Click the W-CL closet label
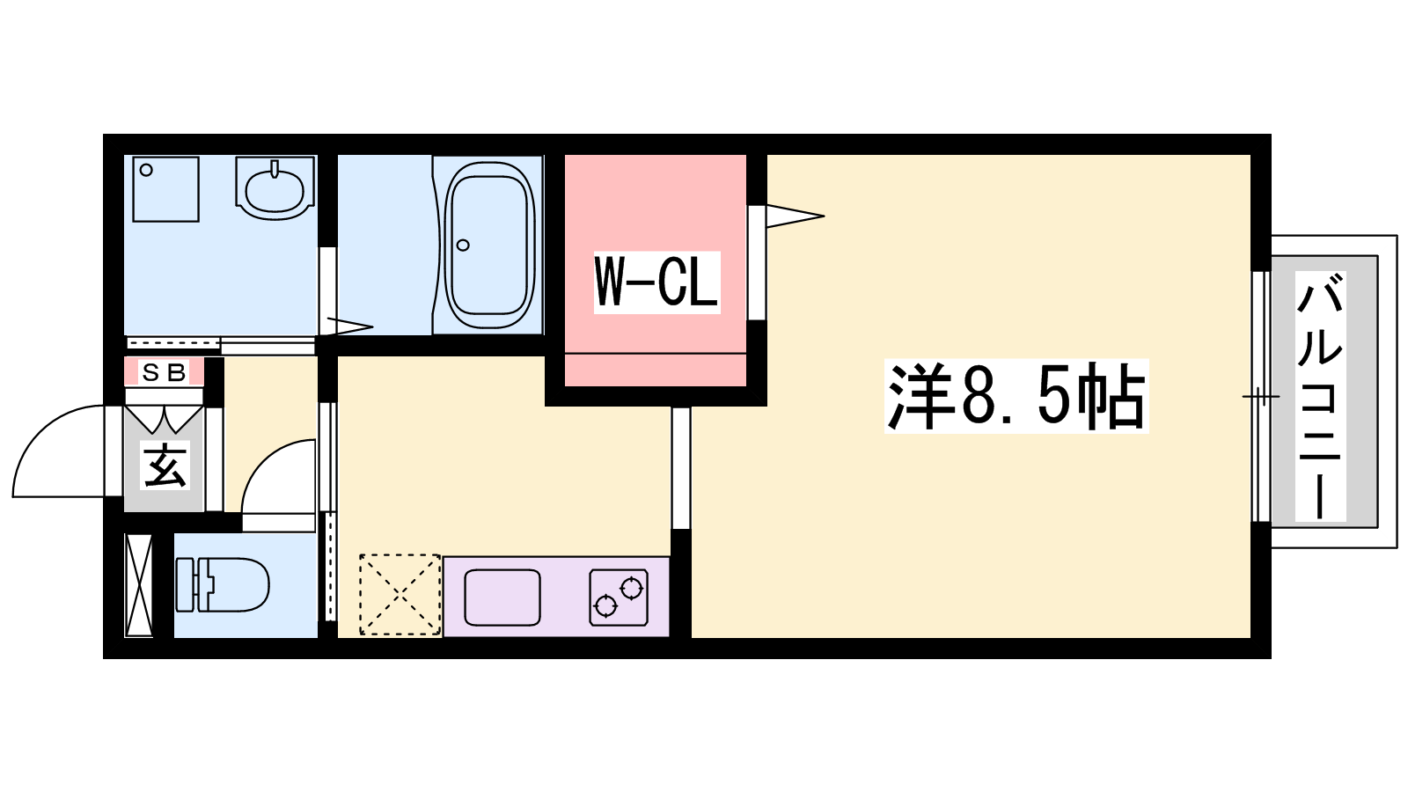(656, 282)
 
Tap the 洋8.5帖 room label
(1016, 396)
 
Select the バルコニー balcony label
(1320, 396)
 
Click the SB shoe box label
(164, 373)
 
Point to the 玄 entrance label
(165, 466)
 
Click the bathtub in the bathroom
(489, 245)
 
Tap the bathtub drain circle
(463, 246)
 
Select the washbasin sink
(275, 188)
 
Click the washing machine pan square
(166, 189)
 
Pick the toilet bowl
(224, 584)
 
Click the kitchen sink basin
(502, 598)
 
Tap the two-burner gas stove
(619, 598)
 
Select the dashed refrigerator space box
(400, 595)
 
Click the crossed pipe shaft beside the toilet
(139, 585)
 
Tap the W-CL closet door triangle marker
(796, 216)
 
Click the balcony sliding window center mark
(1260, 397)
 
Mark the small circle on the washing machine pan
(146, 171)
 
